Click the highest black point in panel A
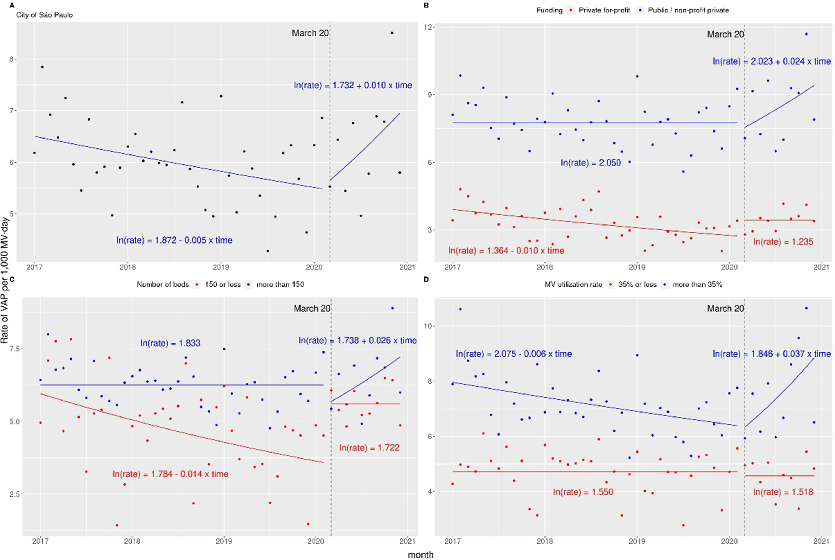tap(392, 33)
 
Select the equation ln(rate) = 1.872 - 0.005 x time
tap(174, 240)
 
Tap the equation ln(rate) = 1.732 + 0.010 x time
tap(353, 85)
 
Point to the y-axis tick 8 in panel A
tap(12, 59)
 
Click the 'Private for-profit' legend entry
tap(604, 10)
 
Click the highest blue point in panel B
tap(806, 34)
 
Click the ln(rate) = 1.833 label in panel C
tap(170, 343)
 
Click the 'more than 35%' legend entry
tap(697, 285)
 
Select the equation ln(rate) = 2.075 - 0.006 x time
tap(514, 354)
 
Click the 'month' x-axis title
tap(421, 555)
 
